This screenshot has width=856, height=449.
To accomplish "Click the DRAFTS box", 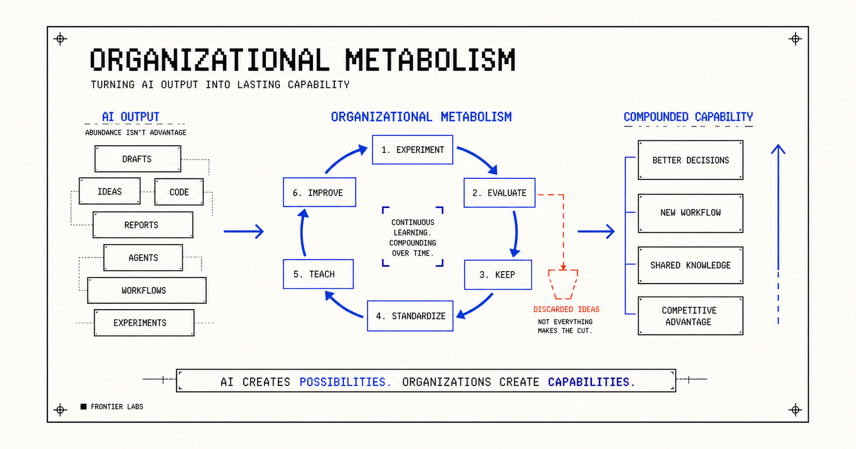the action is click(x=137, y=159).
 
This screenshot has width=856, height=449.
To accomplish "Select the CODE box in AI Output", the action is click(x=179, y=192).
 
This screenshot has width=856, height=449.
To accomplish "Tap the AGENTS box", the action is click(x=143, y=258).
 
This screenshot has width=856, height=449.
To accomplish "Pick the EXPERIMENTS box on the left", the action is click(x=144, y=323).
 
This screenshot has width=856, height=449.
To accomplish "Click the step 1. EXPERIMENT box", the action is click(x=412, y=150).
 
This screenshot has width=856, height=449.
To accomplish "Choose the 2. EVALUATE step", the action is click(x=499, y=193).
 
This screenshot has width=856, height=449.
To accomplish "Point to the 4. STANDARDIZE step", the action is click(x=410, y=316).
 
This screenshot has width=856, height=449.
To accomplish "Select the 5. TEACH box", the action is click(x=318, y=274).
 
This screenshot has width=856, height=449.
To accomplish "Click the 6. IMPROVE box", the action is click(x=319, y=192).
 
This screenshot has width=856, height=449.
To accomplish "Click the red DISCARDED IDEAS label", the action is click(x=566, y=310).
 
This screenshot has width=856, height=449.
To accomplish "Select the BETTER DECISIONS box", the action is click(x=690, y=160).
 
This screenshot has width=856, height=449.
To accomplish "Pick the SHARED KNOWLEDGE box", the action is click(x=690, y=265).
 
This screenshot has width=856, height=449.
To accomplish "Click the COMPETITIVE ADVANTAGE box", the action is click(x=690, y=316).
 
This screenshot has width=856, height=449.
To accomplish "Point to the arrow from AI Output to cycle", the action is click(x=244, y=231).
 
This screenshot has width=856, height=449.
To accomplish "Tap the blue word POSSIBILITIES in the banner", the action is click(x=345, y=382).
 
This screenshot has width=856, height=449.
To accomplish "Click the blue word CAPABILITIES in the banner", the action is click(x=591, y=382).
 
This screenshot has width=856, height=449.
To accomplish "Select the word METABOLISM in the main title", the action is click(x=430, y=60).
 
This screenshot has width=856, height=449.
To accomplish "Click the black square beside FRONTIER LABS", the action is click(x=84, y=407).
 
